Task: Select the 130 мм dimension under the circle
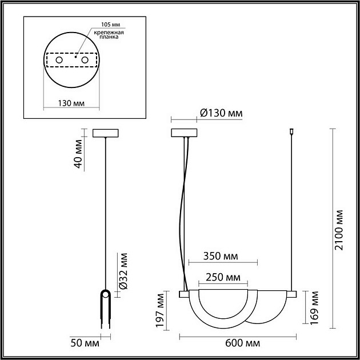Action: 71,103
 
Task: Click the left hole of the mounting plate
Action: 59,59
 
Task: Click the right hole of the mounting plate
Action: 85,59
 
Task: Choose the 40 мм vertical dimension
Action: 79,154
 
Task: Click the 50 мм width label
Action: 83,343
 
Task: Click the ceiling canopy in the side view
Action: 106,133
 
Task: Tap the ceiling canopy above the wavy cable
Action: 184,133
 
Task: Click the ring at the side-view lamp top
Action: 106,294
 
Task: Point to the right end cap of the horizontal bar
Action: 293,294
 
